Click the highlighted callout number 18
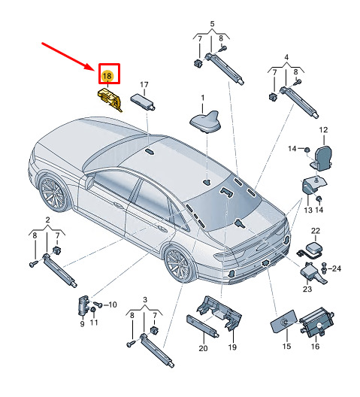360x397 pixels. tap(107, 76)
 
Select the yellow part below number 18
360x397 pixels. tap(110, 99)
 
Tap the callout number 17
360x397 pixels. tap(144, 84)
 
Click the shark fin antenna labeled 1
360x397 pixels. tap(206, 122)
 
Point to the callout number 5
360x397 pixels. tap(212, 24)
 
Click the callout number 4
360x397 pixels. tap(286, 57)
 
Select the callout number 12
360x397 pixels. tap(323, 130)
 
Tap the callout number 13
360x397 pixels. tap(308, 210)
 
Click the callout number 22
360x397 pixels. tap(316, 231)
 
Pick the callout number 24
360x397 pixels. tap(337, 268)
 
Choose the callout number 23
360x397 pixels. tap(307, 289)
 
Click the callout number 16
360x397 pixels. tap(315, 346)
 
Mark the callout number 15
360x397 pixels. tap(286, 346)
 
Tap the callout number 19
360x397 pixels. tap(232, 347)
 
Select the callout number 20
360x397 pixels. tap(203, 348)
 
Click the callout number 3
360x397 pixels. tap(145, 300)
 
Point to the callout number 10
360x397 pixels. tap(112, 305)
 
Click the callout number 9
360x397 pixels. tap(82, 323)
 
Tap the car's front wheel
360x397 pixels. tap(53, 193)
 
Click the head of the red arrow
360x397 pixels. tap(93, 68)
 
